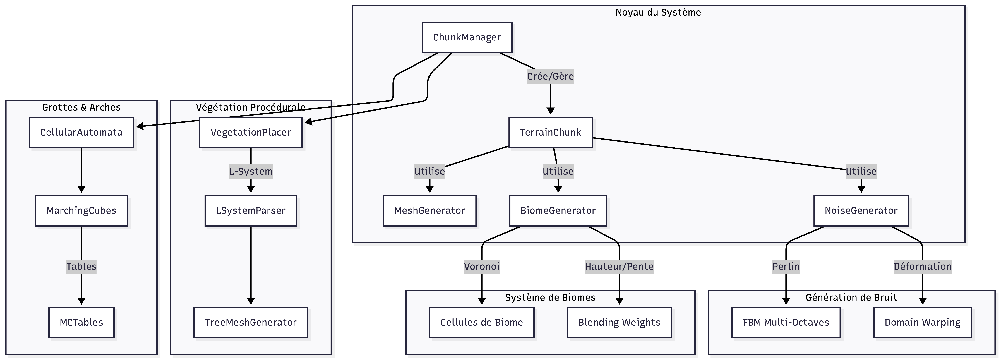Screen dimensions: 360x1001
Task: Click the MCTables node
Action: tap(81, 322)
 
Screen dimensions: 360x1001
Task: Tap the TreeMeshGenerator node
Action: tap(251, 322)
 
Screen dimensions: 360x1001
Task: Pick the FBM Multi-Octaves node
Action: tap(786, 322)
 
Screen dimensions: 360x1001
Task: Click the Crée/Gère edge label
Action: tap(550, 76)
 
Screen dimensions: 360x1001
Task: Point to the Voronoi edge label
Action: tap(481, 266)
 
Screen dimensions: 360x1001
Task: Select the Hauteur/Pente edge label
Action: tap(619, 266)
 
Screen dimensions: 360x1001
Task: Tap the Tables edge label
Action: tap(81, 266)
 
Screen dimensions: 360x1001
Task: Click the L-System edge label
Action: tap(251, 172)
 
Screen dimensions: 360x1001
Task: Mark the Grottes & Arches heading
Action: tap(81, 107)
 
